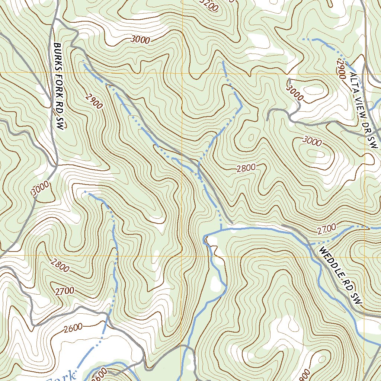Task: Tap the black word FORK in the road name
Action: pyautogui.click(x=58, y=81)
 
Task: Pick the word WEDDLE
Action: pyautogui.click(x=333, y=269)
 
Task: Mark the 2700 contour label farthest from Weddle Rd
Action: pyautogui.click(x=64, y=291)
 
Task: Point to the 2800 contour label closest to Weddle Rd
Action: pyautogui.click(x=246, y=168)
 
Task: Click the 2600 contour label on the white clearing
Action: pyautogui.click(x=73, y=328)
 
